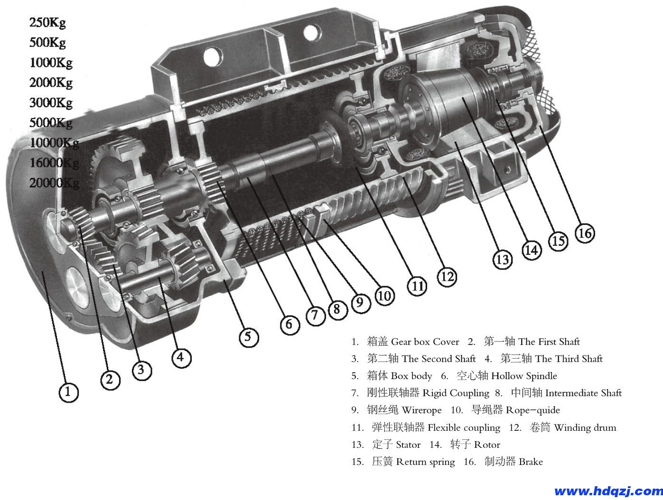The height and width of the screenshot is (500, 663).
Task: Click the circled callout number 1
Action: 68,392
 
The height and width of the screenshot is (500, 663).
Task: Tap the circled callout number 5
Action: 248,337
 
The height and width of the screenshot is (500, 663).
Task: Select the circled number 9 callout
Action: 360,302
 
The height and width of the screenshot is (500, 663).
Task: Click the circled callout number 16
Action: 585,233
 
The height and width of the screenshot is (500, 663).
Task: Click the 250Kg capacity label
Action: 47,22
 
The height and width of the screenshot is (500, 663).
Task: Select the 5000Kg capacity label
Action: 51,122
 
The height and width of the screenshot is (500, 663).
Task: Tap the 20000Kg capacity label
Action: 54,183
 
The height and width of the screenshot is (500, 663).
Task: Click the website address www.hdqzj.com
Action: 608,491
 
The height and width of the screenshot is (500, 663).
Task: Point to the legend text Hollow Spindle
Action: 524,376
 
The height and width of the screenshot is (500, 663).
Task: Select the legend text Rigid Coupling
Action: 456,393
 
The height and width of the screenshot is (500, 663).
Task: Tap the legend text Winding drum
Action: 585,427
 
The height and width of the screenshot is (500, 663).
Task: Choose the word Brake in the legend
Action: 531,462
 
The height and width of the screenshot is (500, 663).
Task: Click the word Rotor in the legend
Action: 487,444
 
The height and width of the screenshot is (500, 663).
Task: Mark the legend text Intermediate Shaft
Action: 583,393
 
